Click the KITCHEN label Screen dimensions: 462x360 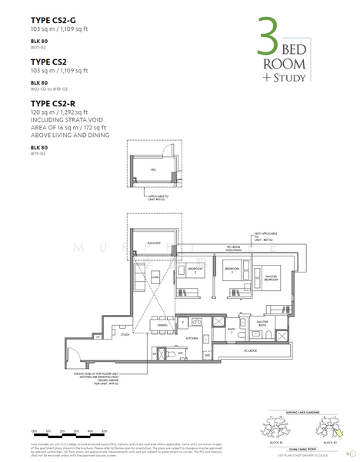[x=192, y=337]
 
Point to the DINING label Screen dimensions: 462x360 [x=162, y=324]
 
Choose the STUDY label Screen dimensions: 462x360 [x=124, y=336]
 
